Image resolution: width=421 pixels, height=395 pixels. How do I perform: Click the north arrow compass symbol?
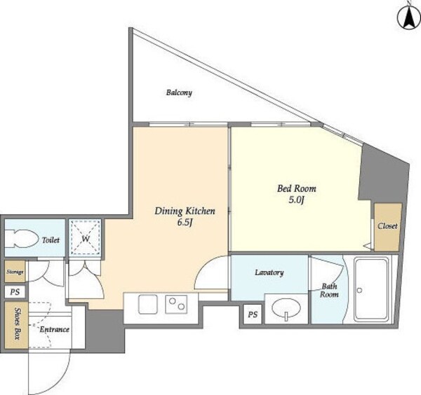(408, 18)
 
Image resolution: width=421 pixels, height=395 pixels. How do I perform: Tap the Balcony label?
(179, 92)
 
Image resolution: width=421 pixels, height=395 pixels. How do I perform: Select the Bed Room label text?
(296, 188)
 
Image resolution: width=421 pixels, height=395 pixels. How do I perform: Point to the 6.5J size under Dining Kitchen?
(185, 223)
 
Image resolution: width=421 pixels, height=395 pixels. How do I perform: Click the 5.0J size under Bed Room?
(296, 200)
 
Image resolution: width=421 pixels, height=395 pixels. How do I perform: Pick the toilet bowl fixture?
(22, 239)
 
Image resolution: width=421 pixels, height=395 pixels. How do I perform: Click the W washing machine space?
(85, 237)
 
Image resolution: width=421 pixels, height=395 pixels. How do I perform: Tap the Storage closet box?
(15, 271)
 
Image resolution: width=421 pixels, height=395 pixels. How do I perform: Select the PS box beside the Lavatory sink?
(253, 314)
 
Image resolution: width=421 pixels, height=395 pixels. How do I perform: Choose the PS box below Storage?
(15, 292)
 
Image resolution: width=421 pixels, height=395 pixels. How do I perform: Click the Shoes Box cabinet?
(16, 325)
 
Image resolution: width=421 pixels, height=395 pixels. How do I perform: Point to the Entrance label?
(55, 329)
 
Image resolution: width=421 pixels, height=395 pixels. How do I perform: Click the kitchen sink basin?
(148, 304)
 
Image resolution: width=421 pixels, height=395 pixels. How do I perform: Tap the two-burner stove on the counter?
(176, 304)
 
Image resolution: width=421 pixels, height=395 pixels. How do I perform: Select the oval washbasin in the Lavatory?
(286, 308)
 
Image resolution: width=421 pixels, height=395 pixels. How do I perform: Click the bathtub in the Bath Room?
(371, 289)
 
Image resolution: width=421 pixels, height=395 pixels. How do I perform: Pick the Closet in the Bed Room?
(388, 227)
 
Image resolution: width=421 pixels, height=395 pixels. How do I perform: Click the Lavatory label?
(269, 273)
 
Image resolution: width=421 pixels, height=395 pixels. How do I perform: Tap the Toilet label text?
(51, 240)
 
